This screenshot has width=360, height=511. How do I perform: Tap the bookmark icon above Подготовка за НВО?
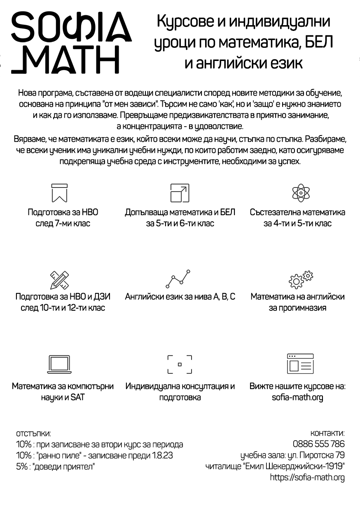click(x=59, y=193)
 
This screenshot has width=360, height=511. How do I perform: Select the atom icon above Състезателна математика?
click(x=301, y=192)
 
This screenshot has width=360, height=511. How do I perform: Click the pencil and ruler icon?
click(x=59, y=280)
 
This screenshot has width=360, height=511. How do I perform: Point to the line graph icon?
click(x=178, y=279)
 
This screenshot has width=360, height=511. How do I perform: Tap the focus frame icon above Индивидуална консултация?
click(x=180, y=364)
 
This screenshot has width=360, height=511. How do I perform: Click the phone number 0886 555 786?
click(x=318, y=444)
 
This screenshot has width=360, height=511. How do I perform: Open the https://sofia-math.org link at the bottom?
click(x=307, y=478)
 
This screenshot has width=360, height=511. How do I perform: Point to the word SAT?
click(x=77, y=398)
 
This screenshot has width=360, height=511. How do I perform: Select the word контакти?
click(x=327, y=433)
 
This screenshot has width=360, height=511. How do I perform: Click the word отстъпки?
click(x=33, y=434)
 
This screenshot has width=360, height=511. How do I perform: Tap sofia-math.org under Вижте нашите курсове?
click(x=297, y=398)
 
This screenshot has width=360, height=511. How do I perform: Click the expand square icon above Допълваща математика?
click(x=180, y=193)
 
